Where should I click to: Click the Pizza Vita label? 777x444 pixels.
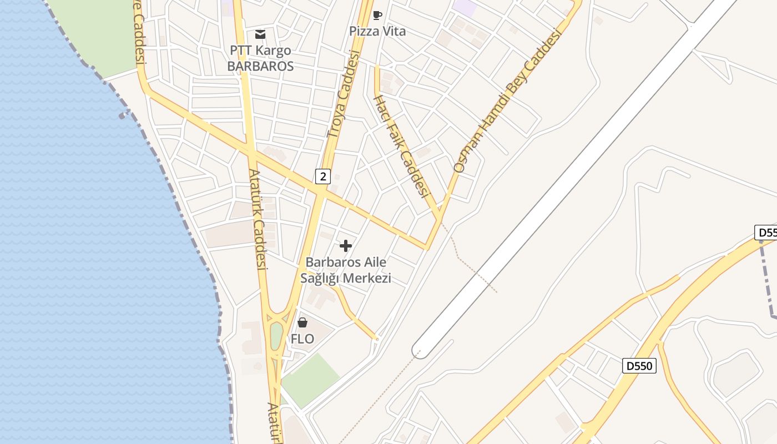[x=377, y=31]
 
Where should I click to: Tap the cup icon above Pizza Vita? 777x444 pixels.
[x=377, y=15]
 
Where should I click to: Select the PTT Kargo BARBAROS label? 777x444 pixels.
[x=260, y=58]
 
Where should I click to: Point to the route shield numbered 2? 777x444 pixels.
[x=322, y=176]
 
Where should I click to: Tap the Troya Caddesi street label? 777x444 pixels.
[x=344, y=94]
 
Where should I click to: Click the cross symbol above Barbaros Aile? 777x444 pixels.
[x=346, y=245]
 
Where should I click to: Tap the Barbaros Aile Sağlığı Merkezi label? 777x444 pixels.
[x=346, y=270]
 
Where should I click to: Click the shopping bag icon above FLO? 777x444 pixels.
[x=302, y=322]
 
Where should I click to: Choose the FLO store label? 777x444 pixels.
[x=302, y=339]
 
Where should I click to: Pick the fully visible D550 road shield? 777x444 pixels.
[x=639, y=366]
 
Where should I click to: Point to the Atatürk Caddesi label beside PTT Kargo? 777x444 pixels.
[x=259, y=219]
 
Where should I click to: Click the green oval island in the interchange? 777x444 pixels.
[x=276, y=336]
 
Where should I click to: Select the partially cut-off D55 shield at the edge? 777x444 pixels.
[x=766, y=232]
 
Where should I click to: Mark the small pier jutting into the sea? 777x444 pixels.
[x=123, y=115]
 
